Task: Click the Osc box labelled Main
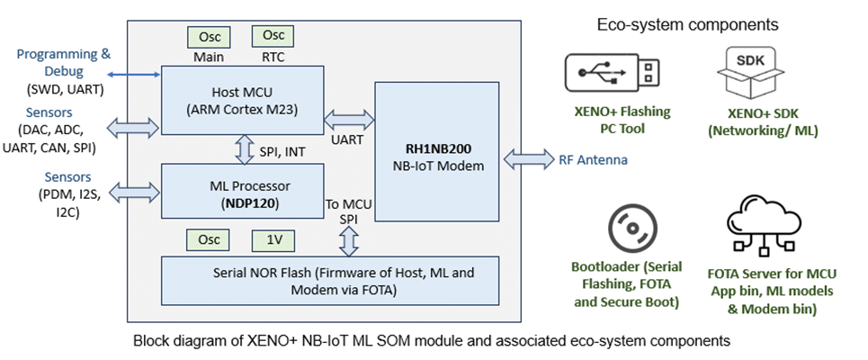tap(209, 38)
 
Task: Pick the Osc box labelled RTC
tap(272, 36)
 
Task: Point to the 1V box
tap(273, 240)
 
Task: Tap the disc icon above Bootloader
tap(624, 229)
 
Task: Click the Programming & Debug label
tap(63, 62)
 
